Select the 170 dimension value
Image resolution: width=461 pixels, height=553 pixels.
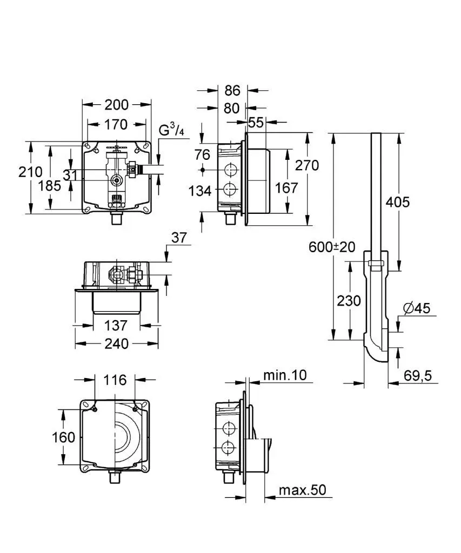coord(116,125)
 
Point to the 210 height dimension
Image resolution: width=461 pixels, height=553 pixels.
coord(30,173)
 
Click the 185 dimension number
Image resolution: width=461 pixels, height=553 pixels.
coord(50,186)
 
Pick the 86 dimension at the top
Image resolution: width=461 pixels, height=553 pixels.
coord(232,91)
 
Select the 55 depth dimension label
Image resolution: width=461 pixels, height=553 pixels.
coord(257,123)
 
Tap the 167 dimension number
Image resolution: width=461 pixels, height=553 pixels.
coord(286,188)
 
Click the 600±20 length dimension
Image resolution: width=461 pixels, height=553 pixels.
coord(332,247)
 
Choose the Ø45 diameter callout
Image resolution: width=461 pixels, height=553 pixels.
coord(416,308)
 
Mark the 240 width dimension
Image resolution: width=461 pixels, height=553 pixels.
coord(116,343)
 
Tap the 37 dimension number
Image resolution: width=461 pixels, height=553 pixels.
coord(179,238)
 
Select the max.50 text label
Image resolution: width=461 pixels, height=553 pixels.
coord(302,490)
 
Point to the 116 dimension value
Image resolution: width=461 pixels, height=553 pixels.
coord(116,380)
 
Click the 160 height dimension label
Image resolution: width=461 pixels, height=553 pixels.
coord(64,437)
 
